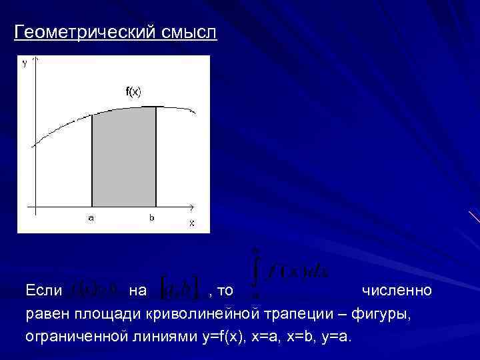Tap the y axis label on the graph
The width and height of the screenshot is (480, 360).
click(25, 64)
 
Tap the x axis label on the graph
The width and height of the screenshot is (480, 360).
click(191, 223)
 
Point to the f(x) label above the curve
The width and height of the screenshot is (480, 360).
click(133, 91)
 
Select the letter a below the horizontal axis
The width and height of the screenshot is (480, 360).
click(91, 217)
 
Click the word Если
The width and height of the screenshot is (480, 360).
click(44, 291)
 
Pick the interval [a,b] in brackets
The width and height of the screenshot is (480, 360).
click(179, 290)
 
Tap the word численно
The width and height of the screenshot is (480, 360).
click(397, 291)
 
